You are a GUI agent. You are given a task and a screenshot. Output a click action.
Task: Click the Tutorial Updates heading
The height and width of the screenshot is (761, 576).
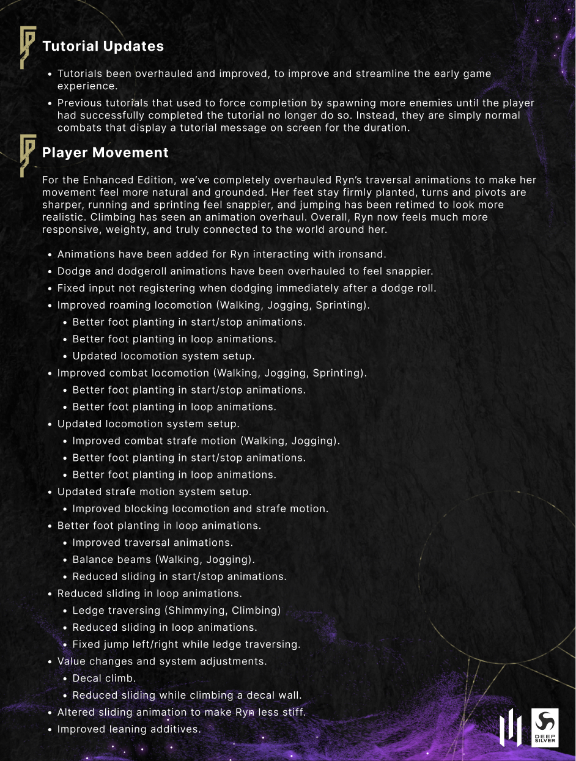coord(103,46)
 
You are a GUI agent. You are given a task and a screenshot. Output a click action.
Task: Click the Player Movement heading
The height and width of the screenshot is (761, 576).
coord(105,153)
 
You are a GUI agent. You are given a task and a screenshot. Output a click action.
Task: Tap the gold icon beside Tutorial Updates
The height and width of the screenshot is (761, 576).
coord(28,47)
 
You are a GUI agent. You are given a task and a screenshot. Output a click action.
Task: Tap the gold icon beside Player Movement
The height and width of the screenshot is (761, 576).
coord(28,155)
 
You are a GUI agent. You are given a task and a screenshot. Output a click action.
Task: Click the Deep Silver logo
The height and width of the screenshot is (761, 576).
coord(545,727)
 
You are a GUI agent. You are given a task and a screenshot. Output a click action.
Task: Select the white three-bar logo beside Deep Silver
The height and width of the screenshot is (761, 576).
coord(511,727)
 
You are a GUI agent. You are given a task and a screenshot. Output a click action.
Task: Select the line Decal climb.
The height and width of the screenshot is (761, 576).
coord(104,678)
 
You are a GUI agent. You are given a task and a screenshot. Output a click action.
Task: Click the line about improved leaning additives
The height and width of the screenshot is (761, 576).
coord(128,729)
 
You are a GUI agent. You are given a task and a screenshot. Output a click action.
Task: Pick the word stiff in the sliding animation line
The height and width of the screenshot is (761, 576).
coord(292,712)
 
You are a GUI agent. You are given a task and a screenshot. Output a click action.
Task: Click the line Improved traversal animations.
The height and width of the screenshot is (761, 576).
coord(152,543)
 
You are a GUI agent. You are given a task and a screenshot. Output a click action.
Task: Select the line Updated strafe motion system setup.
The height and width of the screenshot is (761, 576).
coord(154,491)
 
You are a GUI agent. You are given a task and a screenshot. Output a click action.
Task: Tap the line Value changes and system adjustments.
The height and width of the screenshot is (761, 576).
coord(162,661)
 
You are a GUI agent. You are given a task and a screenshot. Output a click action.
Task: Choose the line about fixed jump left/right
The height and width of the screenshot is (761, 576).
coord(186,644)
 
